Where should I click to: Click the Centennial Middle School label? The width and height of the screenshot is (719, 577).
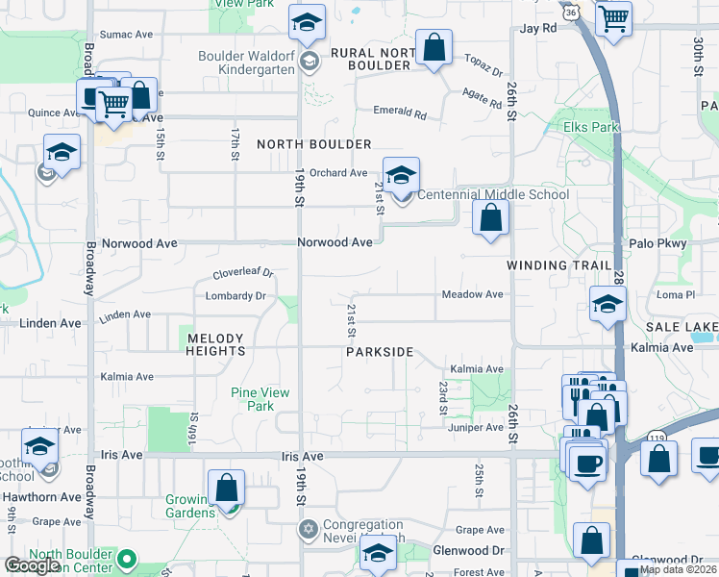click(492, 194)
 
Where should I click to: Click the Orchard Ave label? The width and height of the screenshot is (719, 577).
click(345, 173)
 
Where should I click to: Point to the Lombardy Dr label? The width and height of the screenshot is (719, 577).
click(235, 296)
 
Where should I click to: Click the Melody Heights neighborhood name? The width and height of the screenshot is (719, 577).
click(216, 345)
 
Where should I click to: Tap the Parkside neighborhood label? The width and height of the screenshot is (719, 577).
click(380, 353)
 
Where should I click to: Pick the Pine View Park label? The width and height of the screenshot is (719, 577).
click(254, 399)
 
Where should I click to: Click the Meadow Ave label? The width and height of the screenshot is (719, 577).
click(472, 294)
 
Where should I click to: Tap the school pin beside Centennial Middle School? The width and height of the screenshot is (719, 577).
click(402, 175)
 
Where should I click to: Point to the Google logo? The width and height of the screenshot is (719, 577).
click(32, 566)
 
